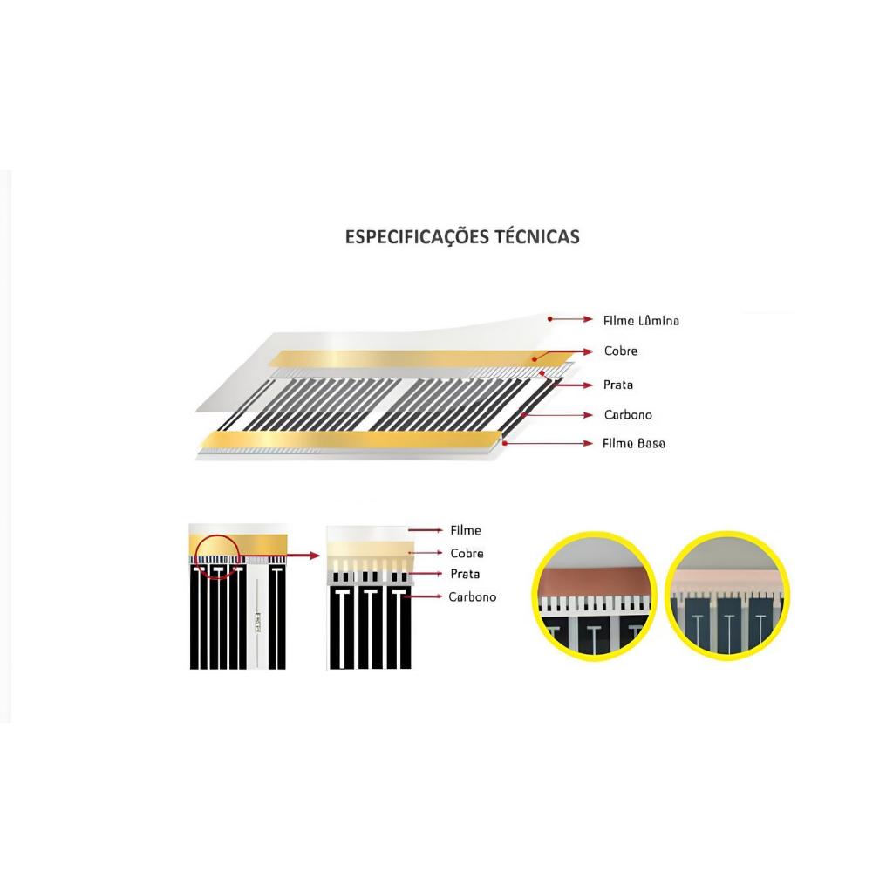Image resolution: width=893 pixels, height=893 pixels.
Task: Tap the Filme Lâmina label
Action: point(641,321)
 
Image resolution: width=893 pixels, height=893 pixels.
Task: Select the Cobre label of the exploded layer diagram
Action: point(621,351)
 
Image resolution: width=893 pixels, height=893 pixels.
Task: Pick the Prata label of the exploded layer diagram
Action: point(618,385)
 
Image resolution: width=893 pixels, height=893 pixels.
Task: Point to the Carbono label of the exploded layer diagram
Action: point(628,415)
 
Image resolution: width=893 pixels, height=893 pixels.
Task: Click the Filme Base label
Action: point(634,443)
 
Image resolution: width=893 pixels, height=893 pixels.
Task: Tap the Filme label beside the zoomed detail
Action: point(466,530)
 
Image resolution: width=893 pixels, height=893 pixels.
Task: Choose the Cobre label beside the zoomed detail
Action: point(467,553)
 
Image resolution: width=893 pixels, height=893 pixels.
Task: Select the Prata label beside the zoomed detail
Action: point(465,574)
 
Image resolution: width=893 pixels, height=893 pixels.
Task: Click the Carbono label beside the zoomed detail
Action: point(472,597)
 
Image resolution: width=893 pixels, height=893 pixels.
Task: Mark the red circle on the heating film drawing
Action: point(215,556)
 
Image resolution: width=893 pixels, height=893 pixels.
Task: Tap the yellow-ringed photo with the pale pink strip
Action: point(727,595)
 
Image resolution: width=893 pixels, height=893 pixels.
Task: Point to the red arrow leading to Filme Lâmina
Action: point(570,320)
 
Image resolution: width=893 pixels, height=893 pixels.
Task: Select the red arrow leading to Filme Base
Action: point(549,443)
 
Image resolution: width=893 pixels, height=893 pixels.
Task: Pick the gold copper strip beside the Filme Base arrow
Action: point(349,441)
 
